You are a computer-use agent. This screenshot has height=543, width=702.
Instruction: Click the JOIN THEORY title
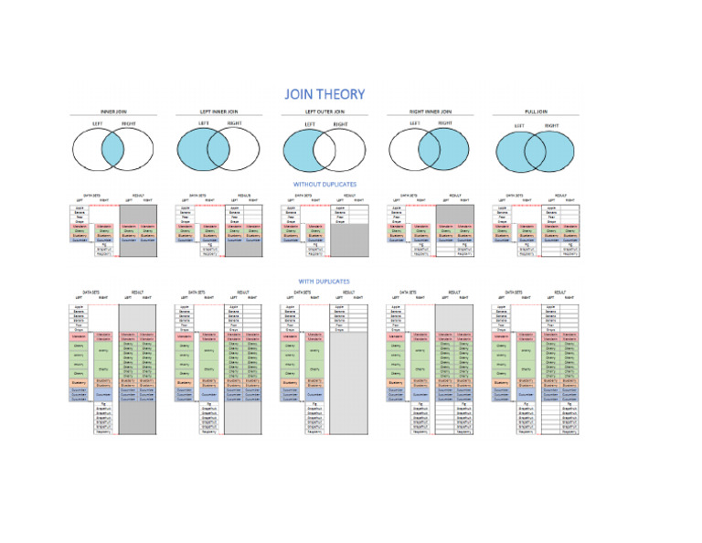324,94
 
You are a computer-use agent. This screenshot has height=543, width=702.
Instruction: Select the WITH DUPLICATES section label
324,282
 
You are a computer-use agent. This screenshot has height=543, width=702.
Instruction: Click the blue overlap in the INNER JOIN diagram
112,149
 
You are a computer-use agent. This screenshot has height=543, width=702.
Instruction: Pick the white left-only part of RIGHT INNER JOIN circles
402,149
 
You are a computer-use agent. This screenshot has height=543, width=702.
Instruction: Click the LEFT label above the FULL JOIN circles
518,126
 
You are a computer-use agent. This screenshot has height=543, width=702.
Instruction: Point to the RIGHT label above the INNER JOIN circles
128,122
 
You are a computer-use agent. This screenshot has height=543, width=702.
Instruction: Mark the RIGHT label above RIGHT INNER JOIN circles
445,122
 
